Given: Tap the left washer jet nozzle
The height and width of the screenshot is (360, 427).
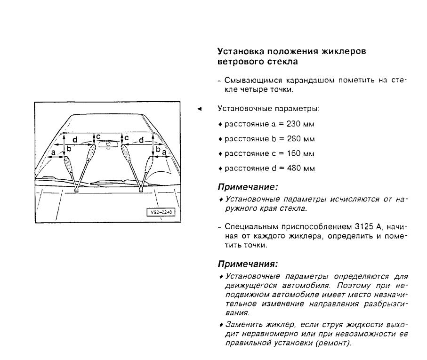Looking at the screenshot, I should click(77, 190).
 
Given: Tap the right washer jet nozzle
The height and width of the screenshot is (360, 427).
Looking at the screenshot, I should click(140, 190).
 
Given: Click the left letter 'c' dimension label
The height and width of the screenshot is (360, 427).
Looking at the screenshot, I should click(99, 136).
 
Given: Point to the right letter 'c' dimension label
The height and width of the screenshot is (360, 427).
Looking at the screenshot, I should click(127, 136).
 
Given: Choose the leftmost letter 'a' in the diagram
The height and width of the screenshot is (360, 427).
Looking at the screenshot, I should click(54, 153).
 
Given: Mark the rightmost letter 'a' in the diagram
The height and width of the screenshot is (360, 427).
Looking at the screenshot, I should click(164, 153).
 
